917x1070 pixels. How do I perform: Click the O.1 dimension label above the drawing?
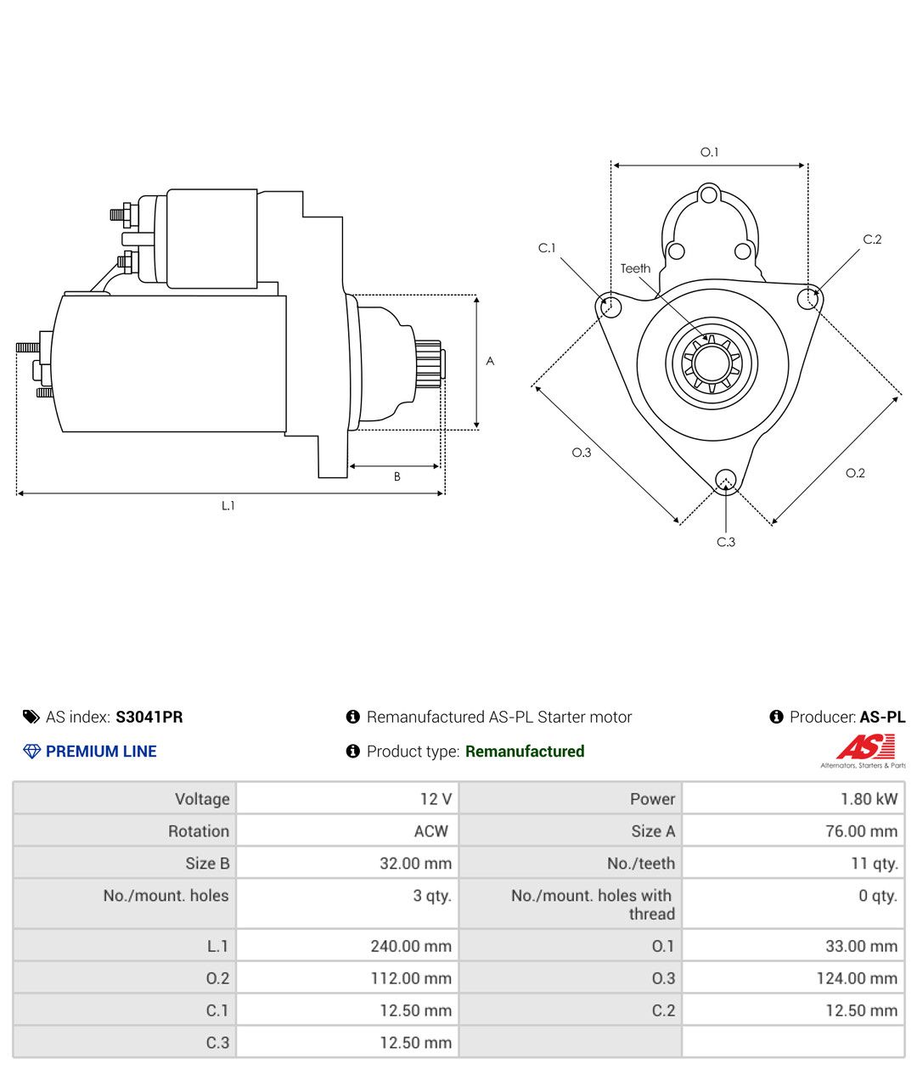pyautogui.click(x=709, y=152)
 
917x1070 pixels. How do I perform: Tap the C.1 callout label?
pyautogui.click(x=547, y=248)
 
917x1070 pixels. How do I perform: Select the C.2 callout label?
pyautogui.click(x=872, y=239)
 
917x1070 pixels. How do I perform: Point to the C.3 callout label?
pyautogui.click(x=725, y=542)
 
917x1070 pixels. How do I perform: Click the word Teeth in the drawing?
pyautogui.click(x=635, y=268)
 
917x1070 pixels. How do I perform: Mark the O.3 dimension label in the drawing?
pyautogui.click(x=581, y=453)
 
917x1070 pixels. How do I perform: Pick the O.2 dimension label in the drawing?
pyautogui.click(x=855, y=473)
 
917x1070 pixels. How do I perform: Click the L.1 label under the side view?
pyautogui.click(x=228, y=505)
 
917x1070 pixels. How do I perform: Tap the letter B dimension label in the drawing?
pyautogui.click(x=397, y=476)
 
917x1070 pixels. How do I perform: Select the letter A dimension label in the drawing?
pyautogui.click(x=490, y=361)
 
